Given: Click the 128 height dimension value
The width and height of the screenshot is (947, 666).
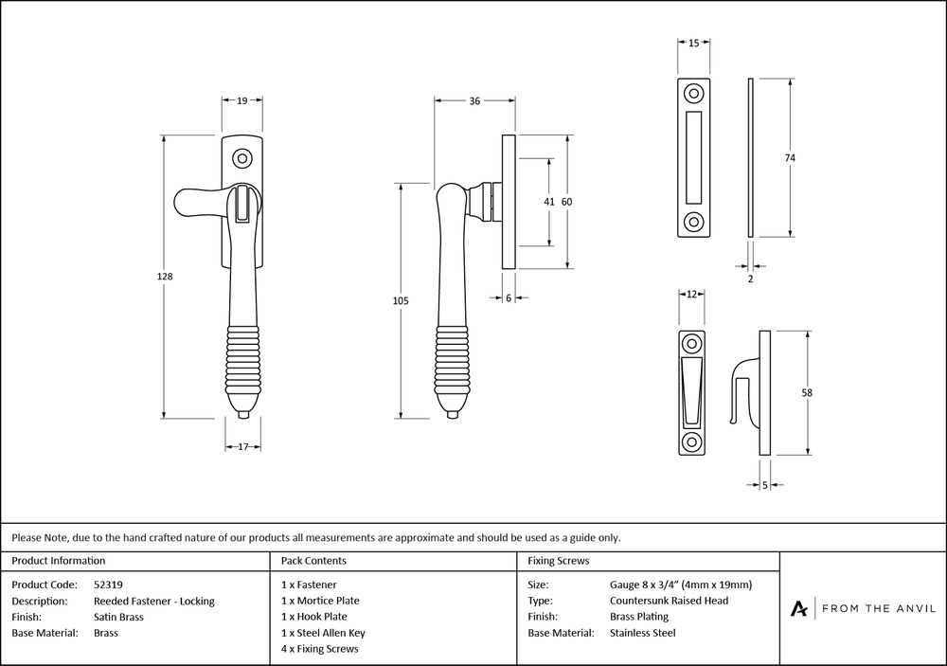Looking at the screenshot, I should pos(165,277).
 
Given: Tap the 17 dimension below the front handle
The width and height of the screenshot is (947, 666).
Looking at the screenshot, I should pos(242,446).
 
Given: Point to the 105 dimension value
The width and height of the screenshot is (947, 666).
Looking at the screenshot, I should pos(400,300).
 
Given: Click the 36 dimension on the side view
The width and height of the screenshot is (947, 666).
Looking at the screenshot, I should pos(474,101).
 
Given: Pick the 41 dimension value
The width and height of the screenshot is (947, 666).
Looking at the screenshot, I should pos(549,202).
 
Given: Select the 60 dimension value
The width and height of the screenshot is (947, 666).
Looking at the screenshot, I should pos(567,202).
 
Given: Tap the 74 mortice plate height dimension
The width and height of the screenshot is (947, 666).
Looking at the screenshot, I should pos(789,157).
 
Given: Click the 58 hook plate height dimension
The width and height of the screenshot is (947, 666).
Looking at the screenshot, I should pos(807,392).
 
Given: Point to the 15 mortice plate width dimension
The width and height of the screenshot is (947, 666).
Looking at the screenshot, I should pos(694,44).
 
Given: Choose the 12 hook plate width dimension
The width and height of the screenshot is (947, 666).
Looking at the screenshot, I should pos(691,296).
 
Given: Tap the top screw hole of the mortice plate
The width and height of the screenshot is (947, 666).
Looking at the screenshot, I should pos(694,94).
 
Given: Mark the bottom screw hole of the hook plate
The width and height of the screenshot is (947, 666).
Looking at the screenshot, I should pos(692,441).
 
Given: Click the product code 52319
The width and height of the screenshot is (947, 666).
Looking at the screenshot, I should pos(109,585).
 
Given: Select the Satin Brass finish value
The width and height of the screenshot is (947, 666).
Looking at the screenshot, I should pos(119,617).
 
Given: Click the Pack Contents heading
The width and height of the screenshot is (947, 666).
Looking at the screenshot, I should pos(313,561).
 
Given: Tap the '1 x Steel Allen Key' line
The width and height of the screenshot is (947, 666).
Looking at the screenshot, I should pos(323,633).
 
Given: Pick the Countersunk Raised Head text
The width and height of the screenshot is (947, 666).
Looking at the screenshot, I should pos(669,601).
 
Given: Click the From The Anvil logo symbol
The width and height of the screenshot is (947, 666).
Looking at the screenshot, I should pos(799,608).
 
